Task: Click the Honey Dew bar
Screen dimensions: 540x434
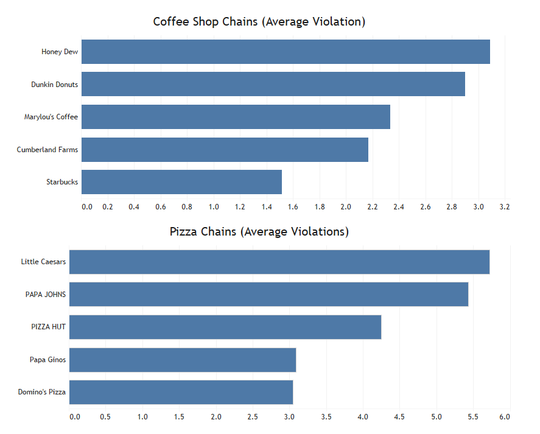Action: tap(286, 52)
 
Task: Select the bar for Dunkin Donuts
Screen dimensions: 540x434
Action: tap(273, 84)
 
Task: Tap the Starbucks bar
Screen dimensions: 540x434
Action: tap(181, 182)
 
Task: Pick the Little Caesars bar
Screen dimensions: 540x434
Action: tap(279, 262)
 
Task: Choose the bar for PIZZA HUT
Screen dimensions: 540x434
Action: tap(225, 327)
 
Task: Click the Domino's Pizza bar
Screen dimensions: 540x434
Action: tap(181, 393)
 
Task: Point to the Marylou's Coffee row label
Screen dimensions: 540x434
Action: tap(51, 117)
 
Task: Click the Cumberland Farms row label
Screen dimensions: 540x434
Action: tap(47, 150)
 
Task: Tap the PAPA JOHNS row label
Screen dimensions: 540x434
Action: tap(46, 295)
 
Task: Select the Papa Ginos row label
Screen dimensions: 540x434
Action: tap(47, 360)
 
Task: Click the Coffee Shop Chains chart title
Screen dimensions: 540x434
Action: tap(259, 22)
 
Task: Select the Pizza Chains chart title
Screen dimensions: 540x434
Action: tap(259, 231)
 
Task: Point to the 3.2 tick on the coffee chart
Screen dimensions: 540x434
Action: tap(505, 207)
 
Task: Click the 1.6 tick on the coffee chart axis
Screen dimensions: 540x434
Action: tap(293, 207)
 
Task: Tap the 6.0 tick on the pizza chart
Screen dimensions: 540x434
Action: tap(505, 417)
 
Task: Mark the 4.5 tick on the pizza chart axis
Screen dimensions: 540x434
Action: tap(399, 417)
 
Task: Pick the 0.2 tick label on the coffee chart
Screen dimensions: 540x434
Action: tap(107, 207)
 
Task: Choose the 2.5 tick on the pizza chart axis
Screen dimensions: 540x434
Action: tap(253, 417)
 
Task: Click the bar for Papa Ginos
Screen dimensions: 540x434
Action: tap(183, 360)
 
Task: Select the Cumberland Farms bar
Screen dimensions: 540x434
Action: tap(225, 150)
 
